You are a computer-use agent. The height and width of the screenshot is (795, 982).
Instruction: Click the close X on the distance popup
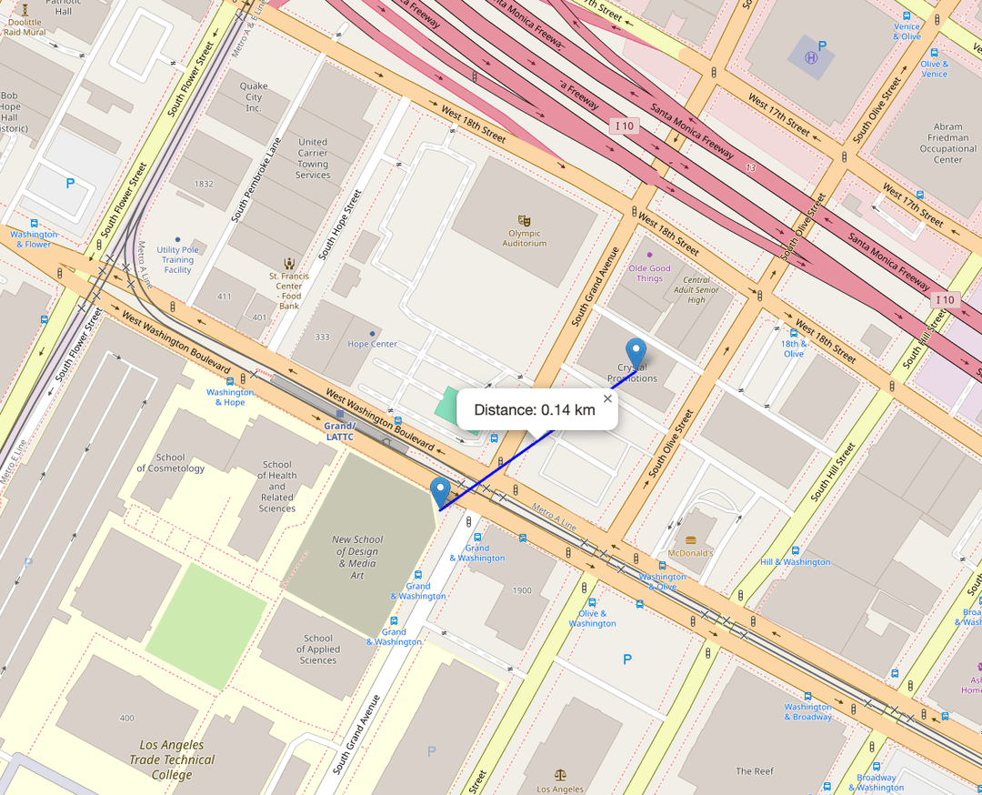tap(608, 397)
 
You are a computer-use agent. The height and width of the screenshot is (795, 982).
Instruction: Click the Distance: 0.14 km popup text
tap(535, 410)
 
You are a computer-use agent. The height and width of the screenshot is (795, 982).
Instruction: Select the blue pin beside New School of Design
tap(441, 491)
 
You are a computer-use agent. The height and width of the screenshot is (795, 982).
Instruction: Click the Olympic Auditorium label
tap(525, 238)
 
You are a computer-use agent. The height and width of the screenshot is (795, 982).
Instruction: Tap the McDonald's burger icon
tap(690, 540)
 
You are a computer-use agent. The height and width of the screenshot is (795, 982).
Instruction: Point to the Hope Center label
tap(373, 344)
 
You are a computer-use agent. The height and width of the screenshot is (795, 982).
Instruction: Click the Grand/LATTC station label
tap(339, 431)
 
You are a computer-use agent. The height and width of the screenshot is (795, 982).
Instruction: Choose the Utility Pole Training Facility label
tap(177, 259)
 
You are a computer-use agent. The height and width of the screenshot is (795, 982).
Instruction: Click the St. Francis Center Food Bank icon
tap(289, 262)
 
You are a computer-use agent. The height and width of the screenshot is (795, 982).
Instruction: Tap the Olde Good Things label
tap(649, 273)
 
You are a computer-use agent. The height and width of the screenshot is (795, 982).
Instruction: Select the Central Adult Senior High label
tap(696, 290)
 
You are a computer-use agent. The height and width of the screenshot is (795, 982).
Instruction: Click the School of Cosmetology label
tap(171, 463)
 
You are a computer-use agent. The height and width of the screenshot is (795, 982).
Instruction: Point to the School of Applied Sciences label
tap(318, 649)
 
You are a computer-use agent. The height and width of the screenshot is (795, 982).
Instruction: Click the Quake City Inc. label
tap(254, 97)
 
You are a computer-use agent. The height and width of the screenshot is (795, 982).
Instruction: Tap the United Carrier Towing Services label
tap(313, 158)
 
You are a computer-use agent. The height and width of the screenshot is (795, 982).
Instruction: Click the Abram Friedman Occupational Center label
tap(947, 144)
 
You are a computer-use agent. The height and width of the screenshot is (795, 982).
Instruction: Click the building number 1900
tap(522, 590)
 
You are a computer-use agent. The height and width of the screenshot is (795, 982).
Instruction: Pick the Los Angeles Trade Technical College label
tap(172, 760)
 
